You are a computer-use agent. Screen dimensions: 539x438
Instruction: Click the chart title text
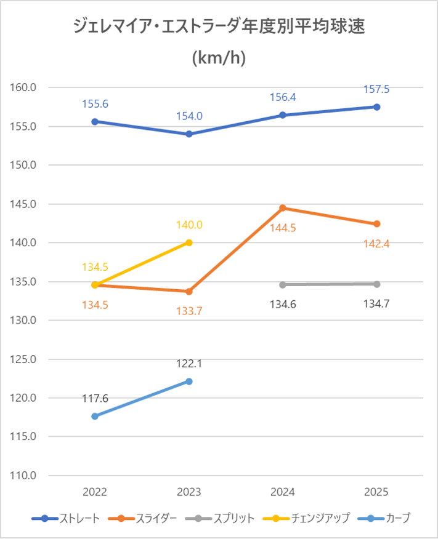(x=219, y=41)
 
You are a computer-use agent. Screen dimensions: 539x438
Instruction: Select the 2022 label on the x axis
(x=95, y=492)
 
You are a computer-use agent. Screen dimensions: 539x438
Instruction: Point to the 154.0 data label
(x=189, y=116)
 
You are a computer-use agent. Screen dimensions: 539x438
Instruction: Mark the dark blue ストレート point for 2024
(x=283, y=115)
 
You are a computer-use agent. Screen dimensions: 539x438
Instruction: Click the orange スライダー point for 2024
(x=283, y=208)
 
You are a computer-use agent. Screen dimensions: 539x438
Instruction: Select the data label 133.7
(x=189, y=310)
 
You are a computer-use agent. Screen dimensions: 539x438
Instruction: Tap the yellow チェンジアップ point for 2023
(x=189, y=242)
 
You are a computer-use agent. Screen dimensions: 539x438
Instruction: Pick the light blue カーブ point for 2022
(x=95, y=417)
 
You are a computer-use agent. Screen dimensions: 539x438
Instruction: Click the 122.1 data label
(x=189, y=364)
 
